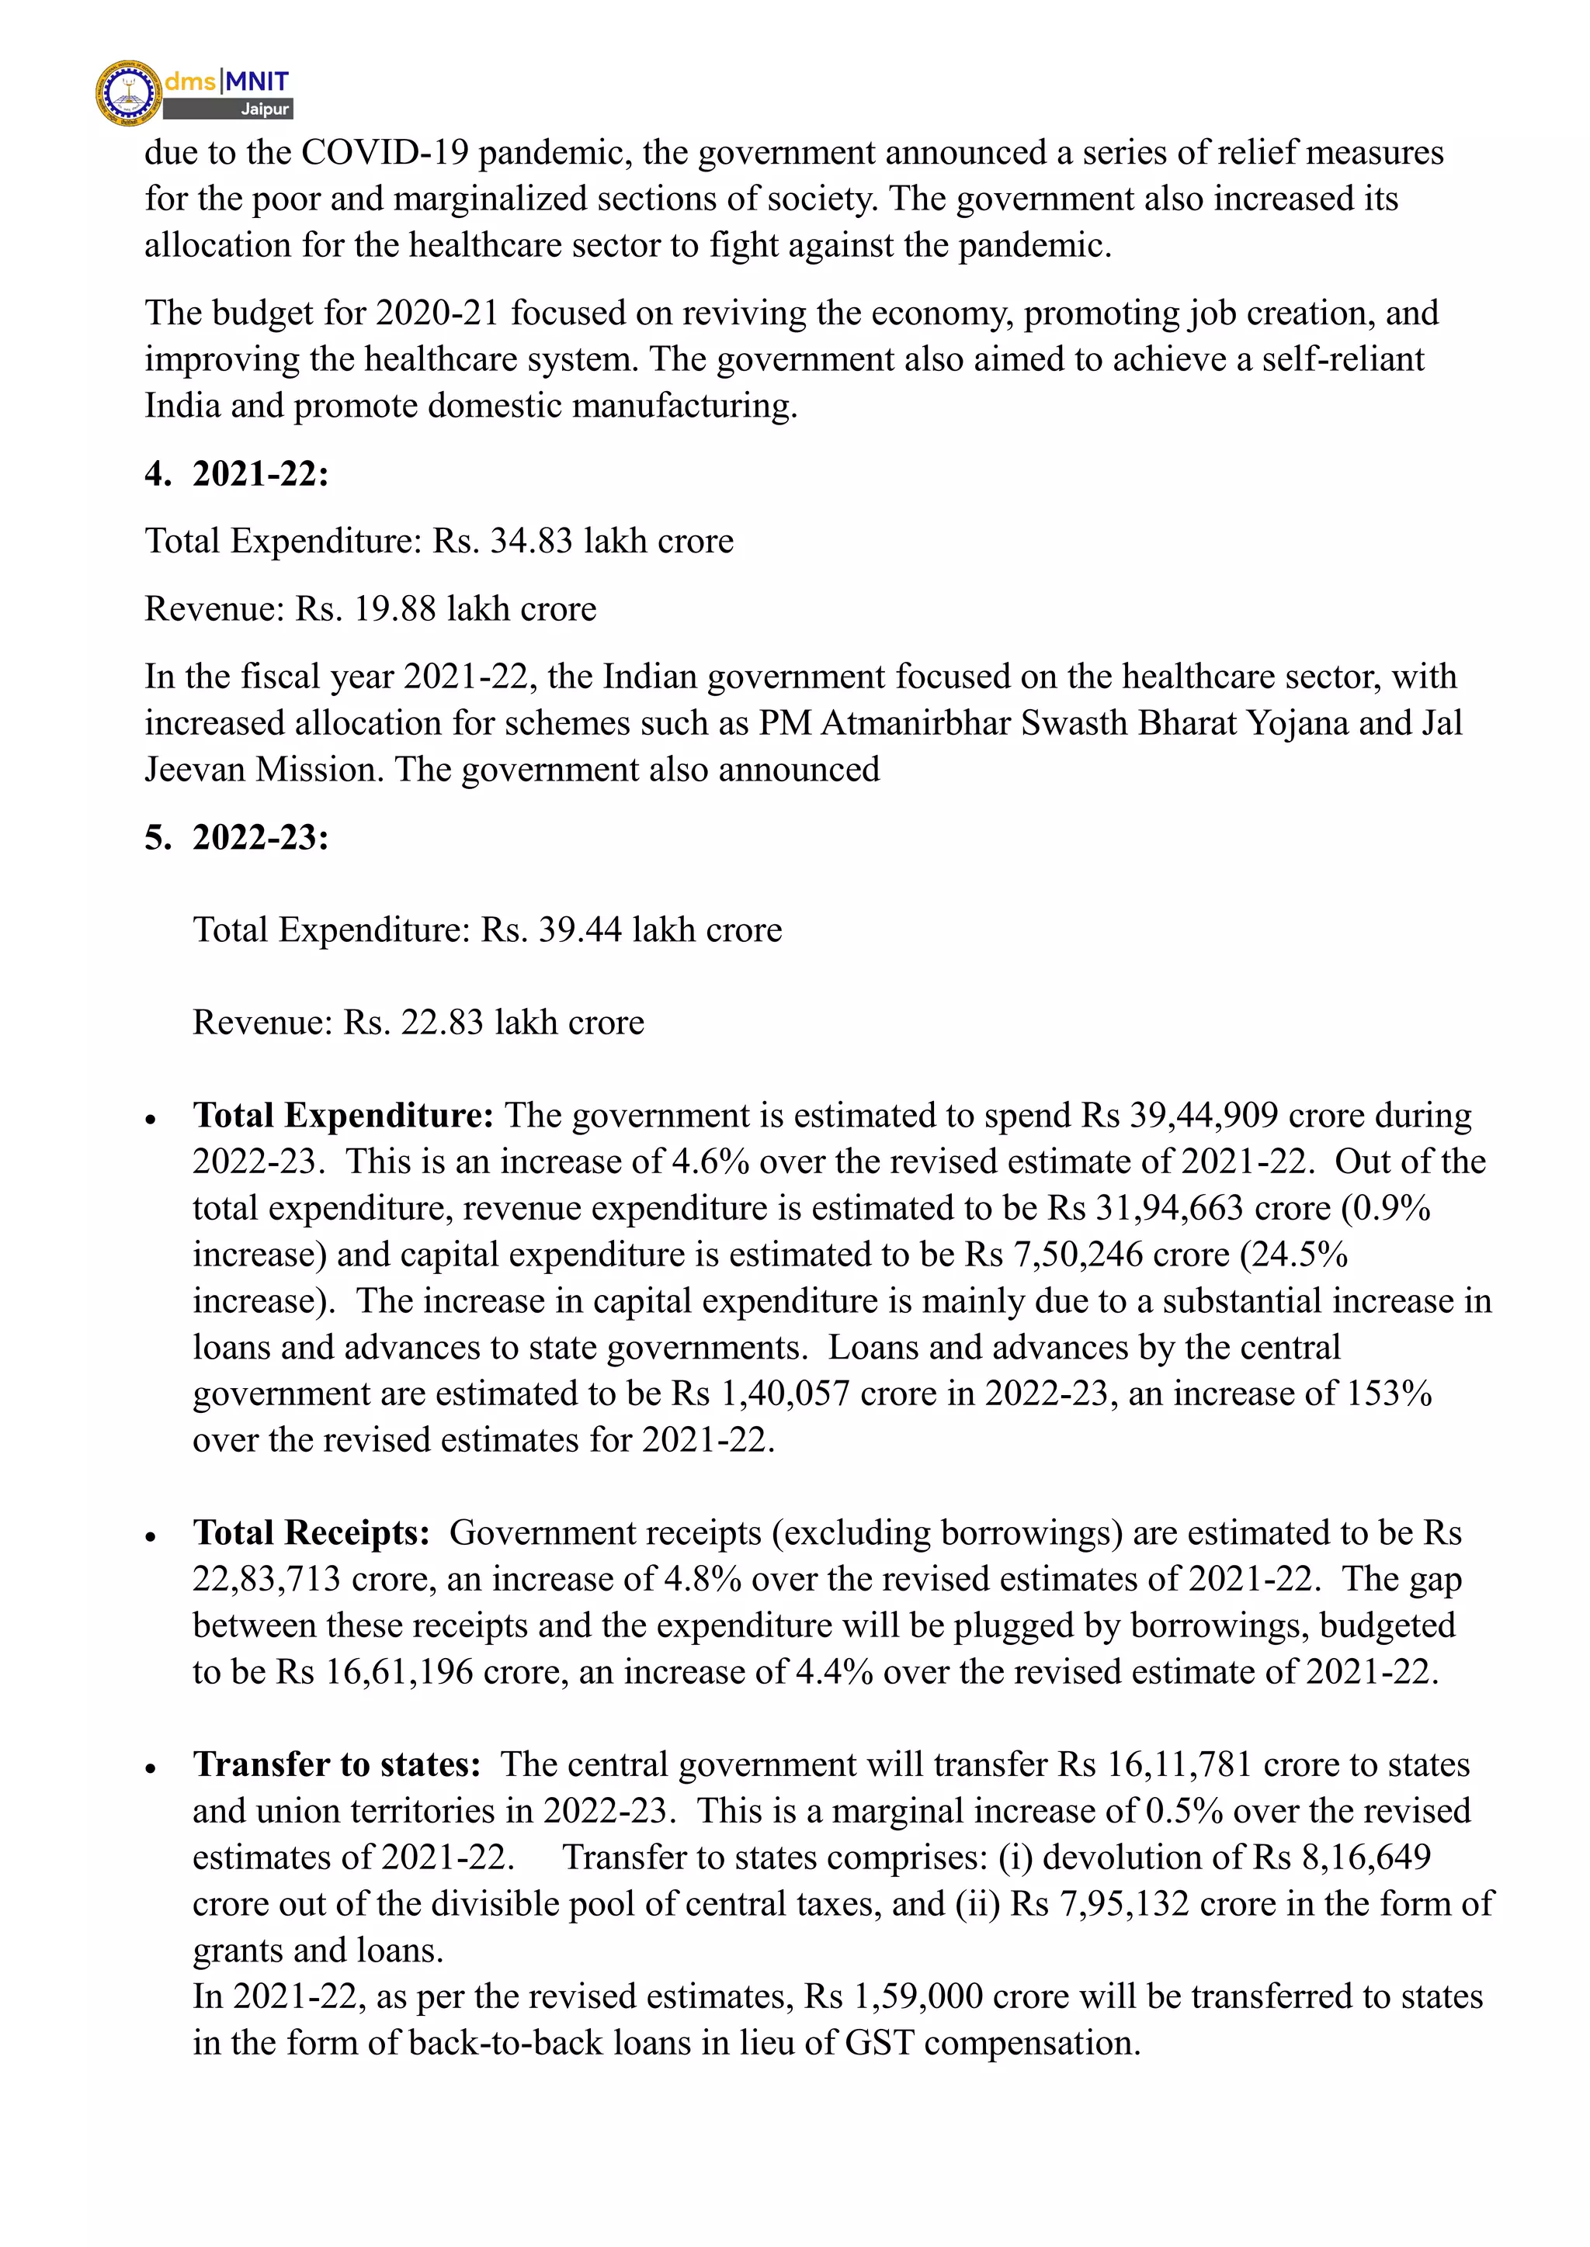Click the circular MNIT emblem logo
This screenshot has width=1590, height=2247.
pos(128,93)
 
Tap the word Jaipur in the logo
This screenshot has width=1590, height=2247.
pos(266,109)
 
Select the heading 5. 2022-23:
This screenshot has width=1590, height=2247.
pos(237,838)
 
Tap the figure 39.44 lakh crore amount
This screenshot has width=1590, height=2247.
pos(580,930)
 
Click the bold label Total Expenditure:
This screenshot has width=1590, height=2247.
pos(342,1116)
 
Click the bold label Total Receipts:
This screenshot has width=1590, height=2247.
pos(311,1533)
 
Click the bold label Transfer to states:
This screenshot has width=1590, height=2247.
pos(337,1764)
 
